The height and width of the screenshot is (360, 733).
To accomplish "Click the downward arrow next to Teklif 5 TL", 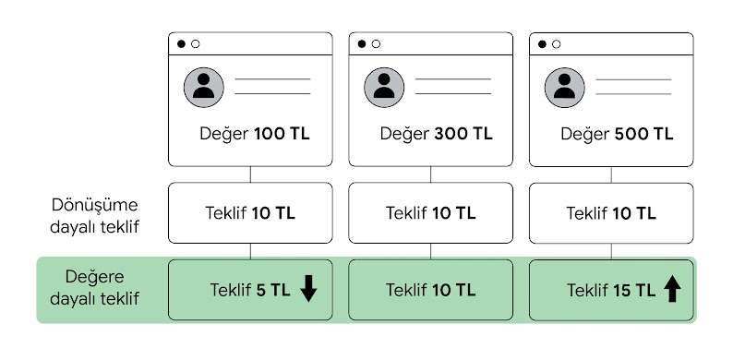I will [x=308, y=290].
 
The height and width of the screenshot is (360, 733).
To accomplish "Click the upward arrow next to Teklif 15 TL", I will [x=672, y=290].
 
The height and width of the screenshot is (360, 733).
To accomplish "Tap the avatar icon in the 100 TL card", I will [x=204, y=86].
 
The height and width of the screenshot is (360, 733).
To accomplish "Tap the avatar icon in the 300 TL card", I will [x=384, y=86].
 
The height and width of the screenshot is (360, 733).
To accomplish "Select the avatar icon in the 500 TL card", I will [x=565, y=86].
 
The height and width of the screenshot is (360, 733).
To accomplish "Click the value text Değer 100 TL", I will [x=254, y=134].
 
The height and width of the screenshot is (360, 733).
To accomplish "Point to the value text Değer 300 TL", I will [x=435, y=134].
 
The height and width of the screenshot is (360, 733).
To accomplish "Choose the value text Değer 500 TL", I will [x=616, y=134].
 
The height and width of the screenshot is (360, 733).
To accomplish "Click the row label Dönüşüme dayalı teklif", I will [x=96, y=213].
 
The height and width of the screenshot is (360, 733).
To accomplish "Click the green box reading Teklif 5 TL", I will [x=249, y=290].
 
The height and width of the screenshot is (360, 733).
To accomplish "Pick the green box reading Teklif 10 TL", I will [x=431, y=290].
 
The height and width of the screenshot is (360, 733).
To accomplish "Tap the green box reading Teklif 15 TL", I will [x=611, y=290].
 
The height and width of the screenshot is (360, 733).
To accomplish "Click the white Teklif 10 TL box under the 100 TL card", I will [x=250, y=213].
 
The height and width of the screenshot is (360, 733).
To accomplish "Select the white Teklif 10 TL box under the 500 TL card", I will [x=611, y=213].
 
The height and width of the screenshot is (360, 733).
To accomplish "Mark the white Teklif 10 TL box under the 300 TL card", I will [x=431, y=213].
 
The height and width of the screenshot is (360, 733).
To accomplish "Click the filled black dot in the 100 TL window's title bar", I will [x=181, y=43].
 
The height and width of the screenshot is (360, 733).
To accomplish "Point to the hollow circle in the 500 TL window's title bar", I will [x=557, y=43].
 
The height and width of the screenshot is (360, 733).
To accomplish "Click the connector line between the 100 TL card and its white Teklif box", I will [x=250, y=174].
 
